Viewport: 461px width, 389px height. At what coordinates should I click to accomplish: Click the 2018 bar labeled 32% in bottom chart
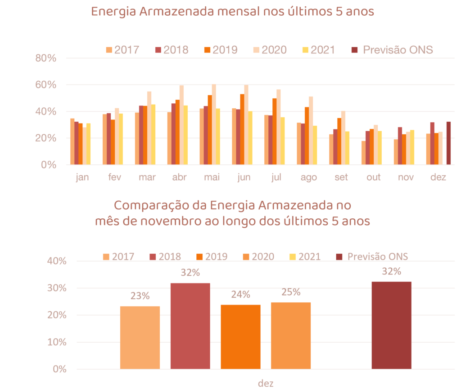(x=190, y=326)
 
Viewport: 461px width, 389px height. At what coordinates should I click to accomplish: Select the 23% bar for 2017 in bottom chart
(x=140, y=337)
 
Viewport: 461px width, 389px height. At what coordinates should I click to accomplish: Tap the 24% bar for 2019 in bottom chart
(x=241, y=337)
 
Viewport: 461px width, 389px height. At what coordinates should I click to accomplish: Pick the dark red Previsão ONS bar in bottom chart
(x=392, y=325)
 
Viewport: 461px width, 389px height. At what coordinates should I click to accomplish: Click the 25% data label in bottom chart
(x=291, y=292)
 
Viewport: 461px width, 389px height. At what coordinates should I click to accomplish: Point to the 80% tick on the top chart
(x=46, y=58)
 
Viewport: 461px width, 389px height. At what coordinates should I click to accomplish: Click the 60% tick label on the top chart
(x=46, y=85)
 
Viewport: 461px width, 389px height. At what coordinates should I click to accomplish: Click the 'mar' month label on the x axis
(x=147, y=177)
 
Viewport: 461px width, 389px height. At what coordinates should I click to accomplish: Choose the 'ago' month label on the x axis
(x=309, y=177)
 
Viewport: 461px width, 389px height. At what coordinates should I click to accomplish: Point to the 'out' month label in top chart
(x=374, y=177)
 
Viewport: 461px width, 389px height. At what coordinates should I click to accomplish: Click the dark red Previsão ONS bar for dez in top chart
(x=448, y=143)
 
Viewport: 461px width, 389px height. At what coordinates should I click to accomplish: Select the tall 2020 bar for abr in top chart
(x=181, y=124)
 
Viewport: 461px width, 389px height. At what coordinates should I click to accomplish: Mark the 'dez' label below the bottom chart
(x=266, y=383)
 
